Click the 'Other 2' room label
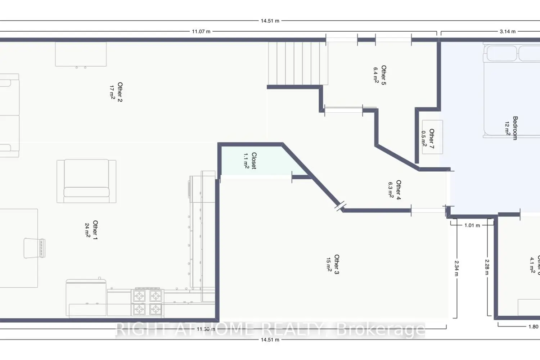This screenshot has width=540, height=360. (x=120, y=92)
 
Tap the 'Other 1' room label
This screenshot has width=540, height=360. (x=95, y=230)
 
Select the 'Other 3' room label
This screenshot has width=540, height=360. (x=337, y=264)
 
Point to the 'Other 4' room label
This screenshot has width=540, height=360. (x=399, y=190)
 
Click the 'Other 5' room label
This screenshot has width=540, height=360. (x=384, y=75)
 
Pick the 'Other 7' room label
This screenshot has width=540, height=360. (x=432, y=139)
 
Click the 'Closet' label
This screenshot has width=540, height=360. (x=254, y=161)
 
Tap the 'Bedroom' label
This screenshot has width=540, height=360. (x=515, y=128)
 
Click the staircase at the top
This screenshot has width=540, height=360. (x=298, y=63)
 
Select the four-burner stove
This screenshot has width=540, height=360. (x=148, y=302)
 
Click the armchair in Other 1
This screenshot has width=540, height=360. (x=86, y=181)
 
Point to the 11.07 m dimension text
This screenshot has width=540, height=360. (x=201, y=32)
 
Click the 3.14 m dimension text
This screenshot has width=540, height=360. (x=507, y=32)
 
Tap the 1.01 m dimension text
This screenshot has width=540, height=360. (x=472, y=225)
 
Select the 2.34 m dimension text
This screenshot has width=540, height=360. (x=456, y=268)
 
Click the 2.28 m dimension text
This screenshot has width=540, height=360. (x=487, y=267)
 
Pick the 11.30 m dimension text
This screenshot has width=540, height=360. (x=206, y=329)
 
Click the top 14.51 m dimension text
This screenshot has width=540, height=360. (x=270, y=21)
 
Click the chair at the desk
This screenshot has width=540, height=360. (x=35, y=248)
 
